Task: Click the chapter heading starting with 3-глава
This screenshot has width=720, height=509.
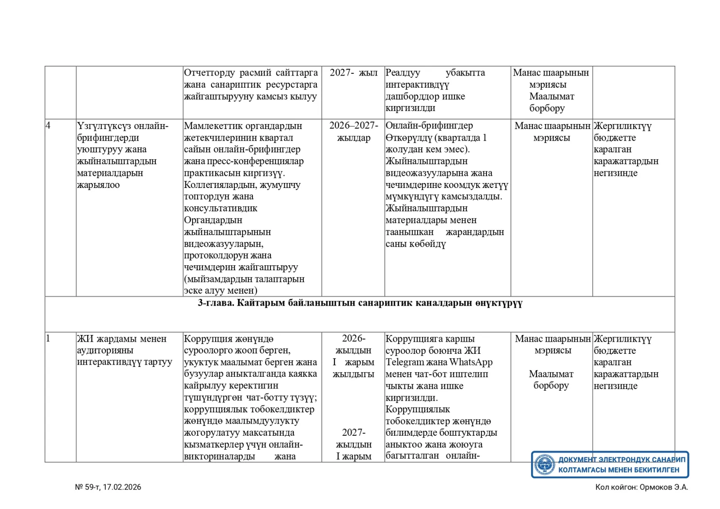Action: click(x=360, y=303)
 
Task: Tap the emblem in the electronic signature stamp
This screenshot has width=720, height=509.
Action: click(x=544, y=464)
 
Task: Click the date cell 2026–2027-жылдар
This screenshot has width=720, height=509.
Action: click(x=353, y=132)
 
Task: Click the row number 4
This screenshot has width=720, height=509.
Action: click(x=48, y=125)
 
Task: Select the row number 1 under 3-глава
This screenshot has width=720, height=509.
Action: click(x=48, y=339)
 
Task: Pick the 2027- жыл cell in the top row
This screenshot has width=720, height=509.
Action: click(x=353, y=73)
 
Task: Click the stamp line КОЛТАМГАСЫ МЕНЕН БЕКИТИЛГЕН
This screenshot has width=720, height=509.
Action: click(x=619, y=470)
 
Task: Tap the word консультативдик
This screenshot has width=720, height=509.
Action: click(x=220, y=208)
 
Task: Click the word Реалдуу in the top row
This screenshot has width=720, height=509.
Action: click(x=403, y=73)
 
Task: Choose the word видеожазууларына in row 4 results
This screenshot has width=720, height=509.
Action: click(x=427, y=173)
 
